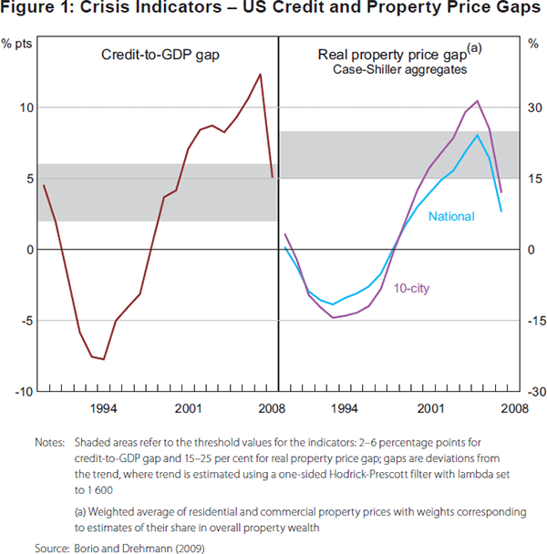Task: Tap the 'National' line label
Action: pyautogui.click(x=451, y=217)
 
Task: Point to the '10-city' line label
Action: pyautogui.click(x=412, y=289)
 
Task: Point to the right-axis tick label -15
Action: pyautogui.click(x=532, y=320)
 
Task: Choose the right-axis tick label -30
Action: pyautogui.click(x=532, y=391)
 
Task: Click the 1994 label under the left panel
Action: pyautogui.click(x=103, y=408)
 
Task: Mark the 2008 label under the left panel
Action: pyautogui.click(x=267, y=408)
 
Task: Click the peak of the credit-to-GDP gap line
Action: pyautogui.click(x=261, y=75)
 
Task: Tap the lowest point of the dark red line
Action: pyautogui.click(x=103, y=359)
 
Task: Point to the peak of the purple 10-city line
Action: pyautogui.click(x=478, y=101)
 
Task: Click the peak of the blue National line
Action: pyautogui.click(x=478, y=135)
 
